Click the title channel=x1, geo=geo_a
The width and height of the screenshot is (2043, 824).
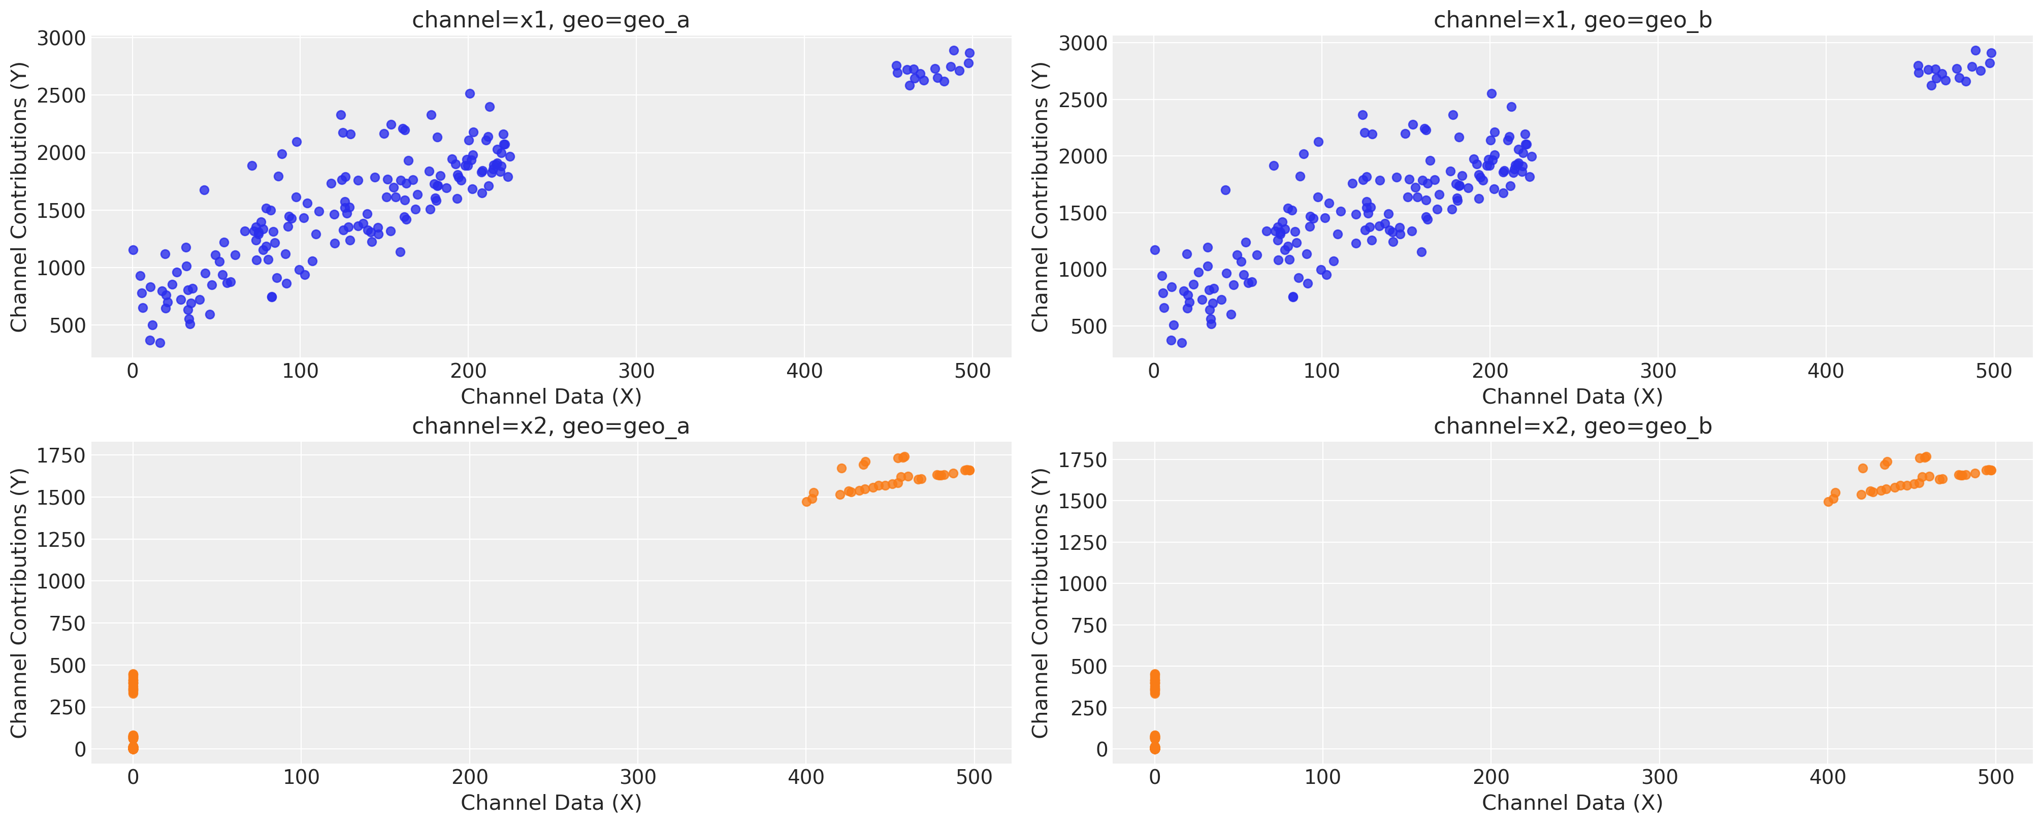click(x=550, y=20)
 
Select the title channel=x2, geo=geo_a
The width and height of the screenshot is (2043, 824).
click(x=550, y=426)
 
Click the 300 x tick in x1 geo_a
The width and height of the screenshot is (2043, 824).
click(x=636, y=370)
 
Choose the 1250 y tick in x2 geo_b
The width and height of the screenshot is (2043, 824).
click(x=1083, y=542)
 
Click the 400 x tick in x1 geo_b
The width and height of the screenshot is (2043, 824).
click(x=1826, y=370)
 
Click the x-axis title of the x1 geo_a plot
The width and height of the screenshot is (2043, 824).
click(x=550, y=397)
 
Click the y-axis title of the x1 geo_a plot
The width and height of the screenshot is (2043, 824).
click(x=18, y=196)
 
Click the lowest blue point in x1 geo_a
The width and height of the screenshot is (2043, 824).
click(x=159, y=343)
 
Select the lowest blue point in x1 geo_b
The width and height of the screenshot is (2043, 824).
click(x=1182, y=343)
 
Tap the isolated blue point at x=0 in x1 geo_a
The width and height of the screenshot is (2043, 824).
click(x=133, y=250)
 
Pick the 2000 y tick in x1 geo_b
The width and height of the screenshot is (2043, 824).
click(x=1083, y=156)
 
